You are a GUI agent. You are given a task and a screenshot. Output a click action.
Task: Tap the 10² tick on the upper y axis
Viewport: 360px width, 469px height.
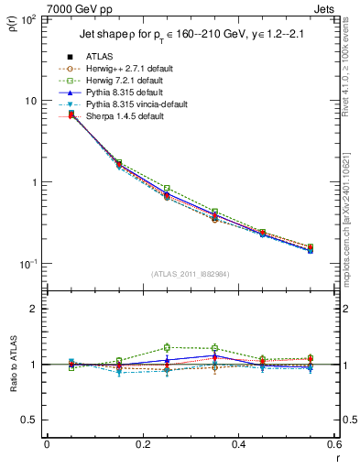pyautogui.click(x=29, y=19)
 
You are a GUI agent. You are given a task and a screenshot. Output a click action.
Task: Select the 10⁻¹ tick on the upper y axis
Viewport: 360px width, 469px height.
pyautogui.click(x=29, y=264)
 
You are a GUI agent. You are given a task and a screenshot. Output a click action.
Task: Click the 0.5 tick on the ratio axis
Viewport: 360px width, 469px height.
pyautogui.click(x=30, y=420)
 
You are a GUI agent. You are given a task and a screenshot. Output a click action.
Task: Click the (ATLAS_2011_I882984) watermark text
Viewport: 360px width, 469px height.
pyautogui.click(x=191, y=274)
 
